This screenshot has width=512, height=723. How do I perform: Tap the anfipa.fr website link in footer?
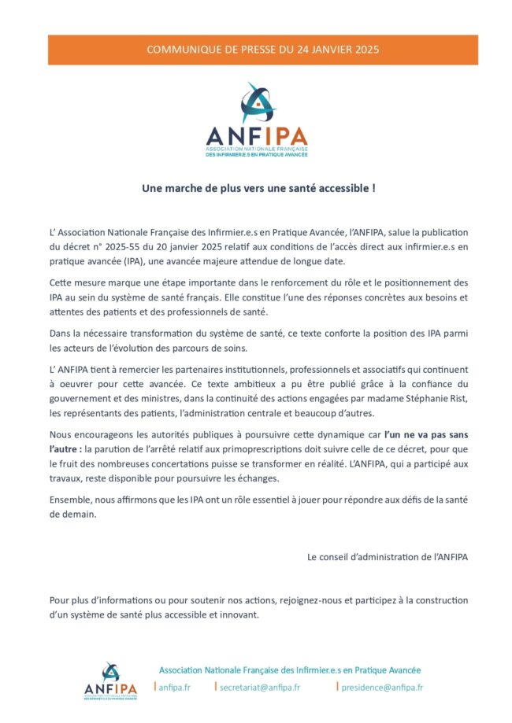coord(174,687)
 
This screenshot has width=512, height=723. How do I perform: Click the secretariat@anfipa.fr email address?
coord(259,687)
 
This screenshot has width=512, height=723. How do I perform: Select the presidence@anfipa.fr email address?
coord(382,687)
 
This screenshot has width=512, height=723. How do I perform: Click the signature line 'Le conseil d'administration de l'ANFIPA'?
coord(387,557)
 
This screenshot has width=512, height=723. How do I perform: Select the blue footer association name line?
coord(290,670)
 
